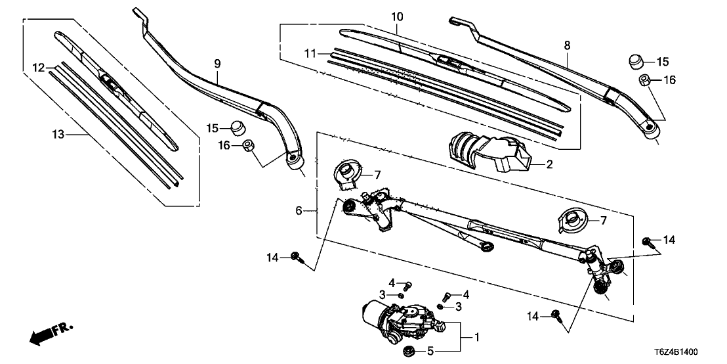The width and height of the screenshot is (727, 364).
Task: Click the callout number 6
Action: (299, 211)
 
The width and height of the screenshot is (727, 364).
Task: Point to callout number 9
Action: (217, 64)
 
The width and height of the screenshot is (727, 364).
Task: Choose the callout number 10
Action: (396, 16)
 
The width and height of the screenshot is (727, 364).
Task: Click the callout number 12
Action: (39, 68)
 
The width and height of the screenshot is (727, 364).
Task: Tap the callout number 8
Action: (567, 45)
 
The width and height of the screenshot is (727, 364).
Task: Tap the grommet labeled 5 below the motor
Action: (407, 350)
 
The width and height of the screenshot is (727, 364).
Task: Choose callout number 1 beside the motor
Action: (477, 338)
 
